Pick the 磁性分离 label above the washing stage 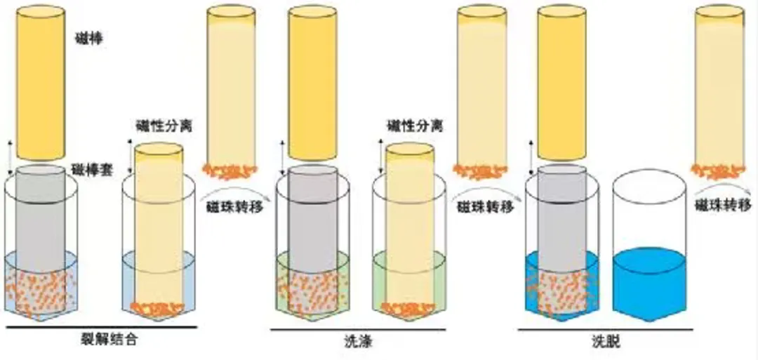pos(415,126)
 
